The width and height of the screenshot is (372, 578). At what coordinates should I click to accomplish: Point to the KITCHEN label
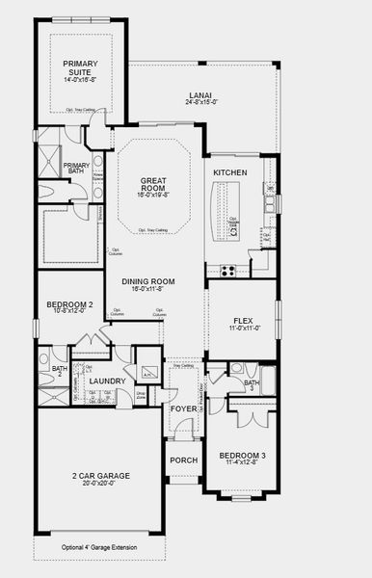(x=230, y=172)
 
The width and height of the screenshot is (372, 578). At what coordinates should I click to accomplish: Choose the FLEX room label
(x=242, y=322)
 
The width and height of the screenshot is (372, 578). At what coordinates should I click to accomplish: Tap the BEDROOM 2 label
(x=69, y=305)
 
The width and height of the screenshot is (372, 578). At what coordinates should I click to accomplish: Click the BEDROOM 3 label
(x=242, y=455)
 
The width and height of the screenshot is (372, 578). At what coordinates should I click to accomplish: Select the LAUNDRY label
(x=107, y=381)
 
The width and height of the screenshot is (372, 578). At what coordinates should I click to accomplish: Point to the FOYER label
(x=183, y=408)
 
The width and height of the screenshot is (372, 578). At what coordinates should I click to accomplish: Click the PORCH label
(x=183, y=460)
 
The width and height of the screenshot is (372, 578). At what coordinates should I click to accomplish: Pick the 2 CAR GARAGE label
(x=100, y=476)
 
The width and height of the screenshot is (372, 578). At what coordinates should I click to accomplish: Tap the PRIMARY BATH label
(x=76, y=168)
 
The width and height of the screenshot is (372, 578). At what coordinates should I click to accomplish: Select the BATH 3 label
(x=252, y=386)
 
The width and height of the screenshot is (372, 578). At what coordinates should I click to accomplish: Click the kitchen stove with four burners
(x=227, y=270)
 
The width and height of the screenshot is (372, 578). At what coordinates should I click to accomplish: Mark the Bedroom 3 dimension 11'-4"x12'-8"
(x=242, y=463)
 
